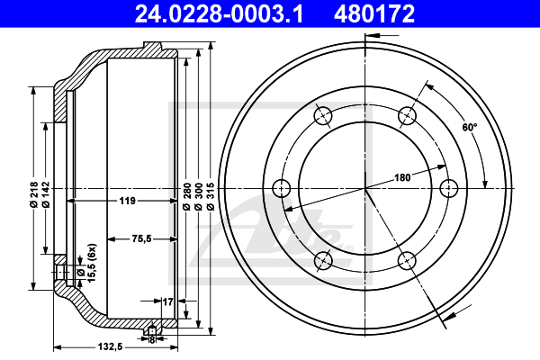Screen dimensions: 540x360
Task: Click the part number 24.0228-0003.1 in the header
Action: (x=219, y=13)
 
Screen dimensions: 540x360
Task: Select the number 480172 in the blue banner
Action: (x=374, y=13)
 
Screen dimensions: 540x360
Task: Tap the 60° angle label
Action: (x=470, y=128)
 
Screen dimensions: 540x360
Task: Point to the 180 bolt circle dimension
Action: (x=402, y=177)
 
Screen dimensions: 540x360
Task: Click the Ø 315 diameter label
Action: (x=211, y=196)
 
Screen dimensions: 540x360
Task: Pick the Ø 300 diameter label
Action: (x=199, y=196)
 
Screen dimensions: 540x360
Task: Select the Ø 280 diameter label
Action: (x=186, y=196)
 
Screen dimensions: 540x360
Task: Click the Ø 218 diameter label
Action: (x=34, y=194)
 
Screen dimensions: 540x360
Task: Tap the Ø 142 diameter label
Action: (x=46, y=194)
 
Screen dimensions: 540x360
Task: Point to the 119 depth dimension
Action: (x=127, y=201)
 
